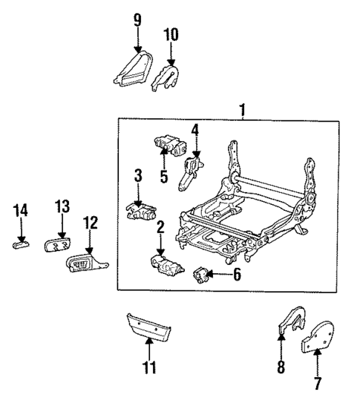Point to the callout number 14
point(22,212)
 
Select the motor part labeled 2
point(164,264)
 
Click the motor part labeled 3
point(139,211)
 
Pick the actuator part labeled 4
point(190,171)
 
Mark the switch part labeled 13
point(59,245)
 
